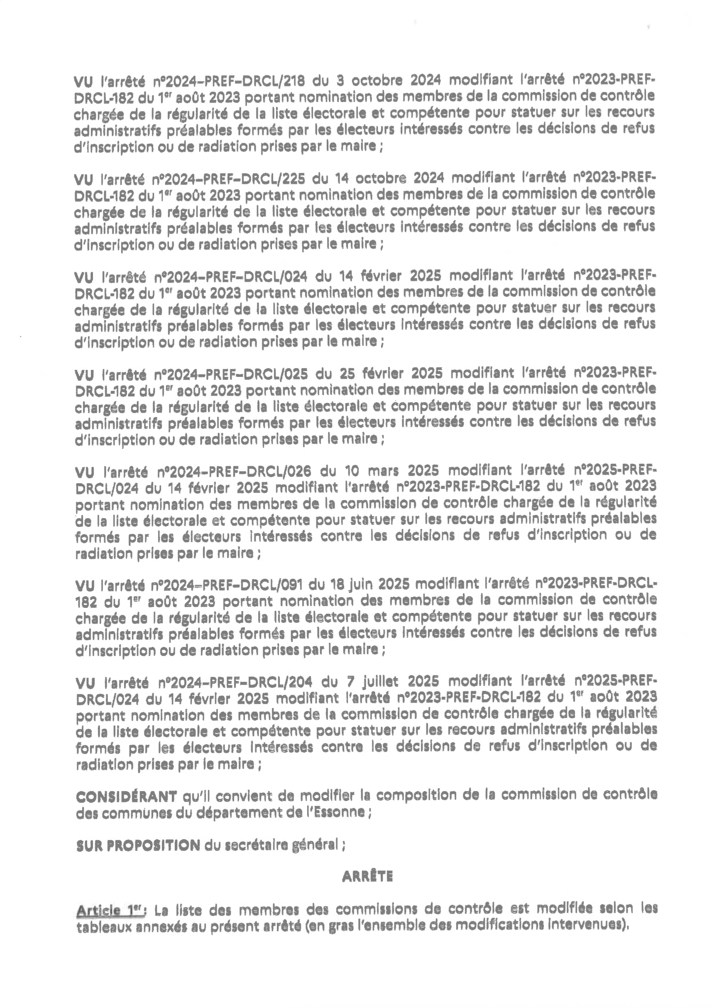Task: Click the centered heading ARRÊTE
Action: click(x=367, y=877)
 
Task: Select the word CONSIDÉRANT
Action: click(x=126, y=797)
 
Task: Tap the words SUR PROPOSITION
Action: click(x=138, y=845)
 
